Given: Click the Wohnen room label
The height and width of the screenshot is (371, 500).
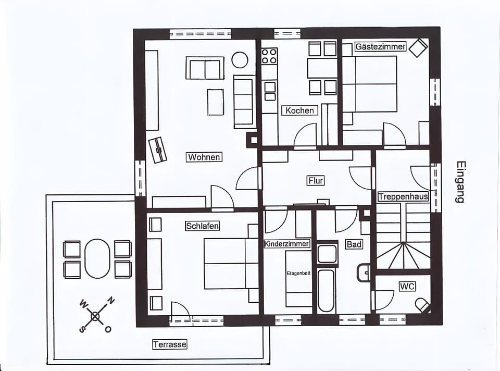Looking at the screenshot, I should (x=204, y=157).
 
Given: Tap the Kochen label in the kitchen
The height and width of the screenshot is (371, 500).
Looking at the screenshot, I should (x=299, y=110).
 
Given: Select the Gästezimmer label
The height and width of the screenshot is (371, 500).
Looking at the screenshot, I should (x=380, y=47).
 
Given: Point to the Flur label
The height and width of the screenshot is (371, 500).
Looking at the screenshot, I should (x=316, y=181).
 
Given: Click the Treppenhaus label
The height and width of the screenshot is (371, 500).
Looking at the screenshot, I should (x=403, y=197).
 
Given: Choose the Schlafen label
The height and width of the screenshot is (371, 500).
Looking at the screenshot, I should (x=203, y=226).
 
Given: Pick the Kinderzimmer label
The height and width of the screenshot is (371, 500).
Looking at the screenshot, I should (x=287, y=244).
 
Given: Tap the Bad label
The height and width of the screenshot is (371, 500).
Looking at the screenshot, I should (x=354, y=244).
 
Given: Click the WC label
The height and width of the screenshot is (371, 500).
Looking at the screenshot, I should (x=407, y=287).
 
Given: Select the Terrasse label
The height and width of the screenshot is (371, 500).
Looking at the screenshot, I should (x=170, y=344).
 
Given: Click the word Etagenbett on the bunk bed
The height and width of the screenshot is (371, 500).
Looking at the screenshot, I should (x=298, y=273).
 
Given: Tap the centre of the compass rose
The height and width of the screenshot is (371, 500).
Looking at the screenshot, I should (x=95, y=316).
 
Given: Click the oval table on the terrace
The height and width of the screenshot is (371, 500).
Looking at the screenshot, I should (x=97, y=258).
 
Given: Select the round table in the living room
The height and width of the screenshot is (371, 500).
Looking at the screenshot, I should (x=240, y=60).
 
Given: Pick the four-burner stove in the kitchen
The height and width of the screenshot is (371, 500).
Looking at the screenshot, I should (x=269, y=56).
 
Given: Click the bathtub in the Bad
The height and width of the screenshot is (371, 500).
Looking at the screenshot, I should (x=326, y=291).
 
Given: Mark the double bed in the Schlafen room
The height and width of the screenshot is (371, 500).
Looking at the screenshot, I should (x=231, y=264).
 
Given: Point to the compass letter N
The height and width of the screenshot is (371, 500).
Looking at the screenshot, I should (x=110, y=301).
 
